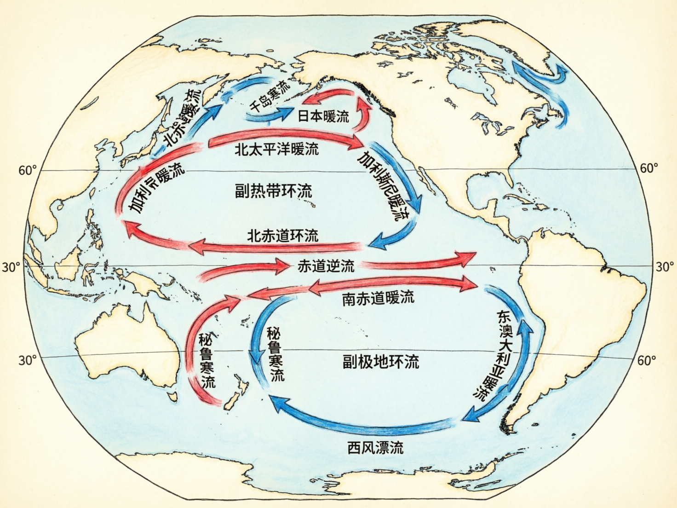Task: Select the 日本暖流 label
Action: click(x=323, y=116)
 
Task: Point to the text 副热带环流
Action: click(x=274, y=191)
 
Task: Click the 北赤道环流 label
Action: click(x=282, y=236)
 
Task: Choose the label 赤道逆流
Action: click(x=326, y=266)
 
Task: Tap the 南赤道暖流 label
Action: click(x=378, y=298)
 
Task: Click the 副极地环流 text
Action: click(x=381, y=362)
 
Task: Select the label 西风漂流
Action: click(x=375, y=447)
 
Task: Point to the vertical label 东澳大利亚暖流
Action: click(x=497, y=354)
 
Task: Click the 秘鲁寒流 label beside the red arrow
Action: click(x=207, y=360)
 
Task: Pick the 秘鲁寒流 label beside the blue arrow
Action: click(x=275, y=353)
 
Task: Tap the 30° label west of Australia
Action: click(x=27, y=360)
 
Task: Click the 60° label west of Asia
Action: click(x=27, y=170)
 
